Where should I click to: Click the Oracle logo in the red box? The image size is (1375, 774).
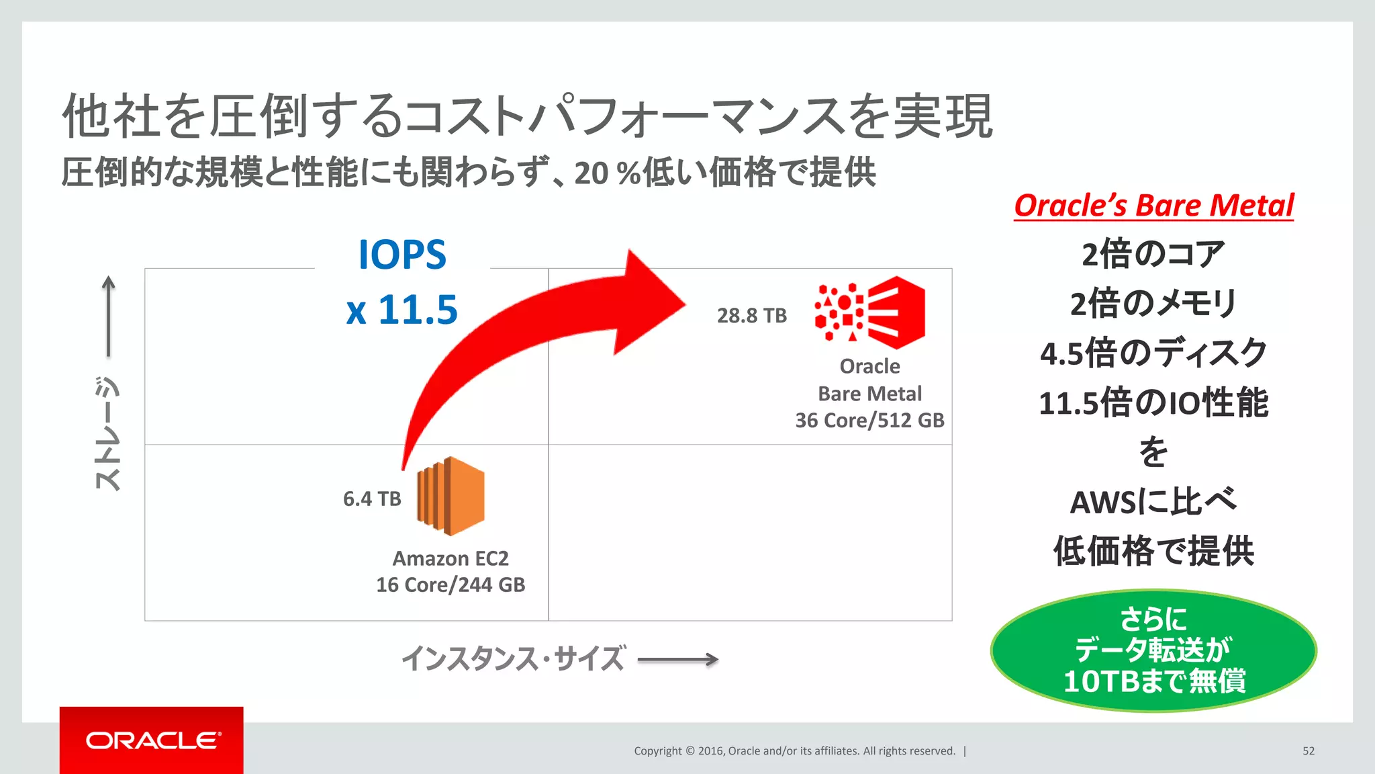tap(152, 740)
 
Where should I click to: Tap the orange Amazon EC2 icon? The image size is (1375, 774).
tap(451, 496)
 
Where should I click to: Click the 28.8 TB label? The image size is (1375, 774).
tap(751, 316)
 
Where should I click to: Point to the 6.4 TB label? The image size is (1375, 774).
tap(372, 499)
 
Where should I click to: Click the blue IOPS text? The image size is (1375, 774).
tap(402, 255)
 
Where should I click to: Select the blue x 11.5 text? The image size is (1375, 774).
tap(402, 310)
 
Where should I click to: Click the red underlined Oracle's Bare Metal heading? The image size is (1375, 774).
tap(1153, 206)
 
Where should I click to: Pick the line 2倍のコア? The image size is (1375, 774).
tap(1153, 255)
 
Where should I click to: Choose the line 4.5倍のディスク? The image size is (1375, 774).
tap(1153, 353)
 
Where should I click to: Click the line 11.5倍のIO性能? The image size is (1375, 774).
tap(1153, 403)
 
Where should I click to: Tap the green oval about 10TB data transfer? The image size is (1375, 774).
tap(1153, 650)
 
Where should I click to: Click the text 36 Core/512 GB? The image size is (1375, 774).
tap(869, 421)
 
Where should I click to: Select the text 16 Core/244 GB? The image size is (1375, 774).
tap(451, 585)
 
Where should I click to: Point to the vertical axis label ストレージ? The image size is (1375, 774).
tap(107, 433)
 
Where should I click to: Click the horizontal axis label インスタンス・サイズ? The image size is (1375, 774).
tap(514, 659)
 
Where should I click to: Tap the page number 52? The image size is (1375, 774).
tap(1308, 751)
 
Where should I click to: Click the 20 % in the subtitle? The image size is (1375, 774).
tap(606, 173)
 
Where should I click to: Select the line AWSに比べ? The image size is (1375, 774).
tap(1153, 502)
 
